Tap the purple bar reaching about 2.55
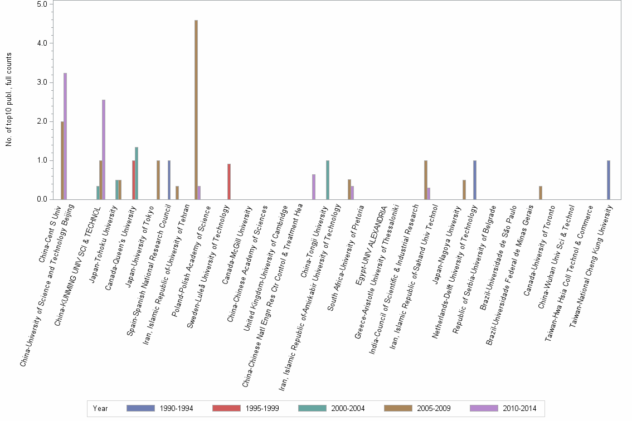point(104,150)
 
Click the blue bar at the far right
point(609,180)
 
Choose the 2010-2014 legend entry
point(503,408)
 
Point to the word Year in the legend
point(101,408)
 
